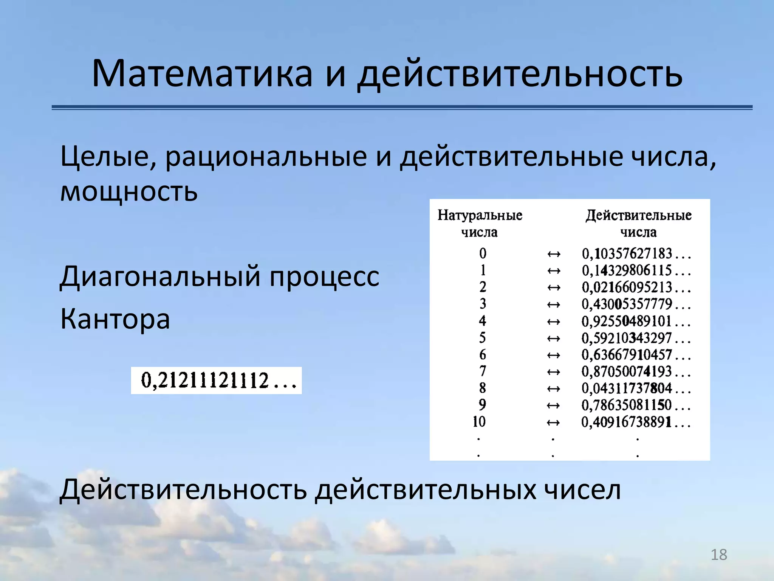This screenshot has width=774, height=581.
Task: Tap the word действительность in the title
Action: [x=520, y=74]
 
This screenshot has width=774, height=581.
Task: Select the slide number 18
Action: [x=719, y=555]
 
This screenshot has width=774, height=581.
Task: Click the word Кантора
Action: [x=115, y=319]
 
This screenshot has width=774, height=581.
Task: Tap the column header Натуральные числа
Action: [x=480, y=223]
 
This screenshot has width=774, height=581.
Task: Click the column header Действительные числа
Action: [x=638, y=223]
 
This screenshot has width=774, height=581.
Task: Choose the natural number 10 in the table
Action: [x=479, y=422]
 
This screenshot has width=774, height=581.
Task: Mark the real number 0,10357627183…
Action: [x=636, y=254]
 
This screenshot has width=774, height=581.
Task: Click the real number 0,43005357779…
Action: [x=636, y=304]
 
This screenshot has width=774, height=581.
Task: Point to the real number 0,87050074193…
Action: [x=636, y=372]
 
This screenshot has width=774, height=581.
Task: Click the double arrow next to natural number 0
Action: [x=554, y=254]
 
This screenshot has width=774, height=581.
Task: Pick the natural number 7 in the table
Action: [x=483, y=371]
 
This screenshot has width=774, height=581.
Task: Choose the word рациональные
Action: [x=266, y=157]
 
